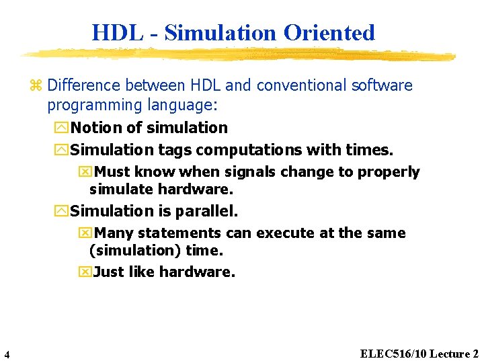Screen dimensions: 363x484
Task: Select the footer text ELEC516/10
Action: (x=393, y=354)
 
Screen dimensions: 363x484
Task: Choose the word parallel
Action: (x=206, y=211)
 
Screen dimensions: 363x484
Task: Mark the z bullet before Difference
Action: (x=36, y=86)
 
